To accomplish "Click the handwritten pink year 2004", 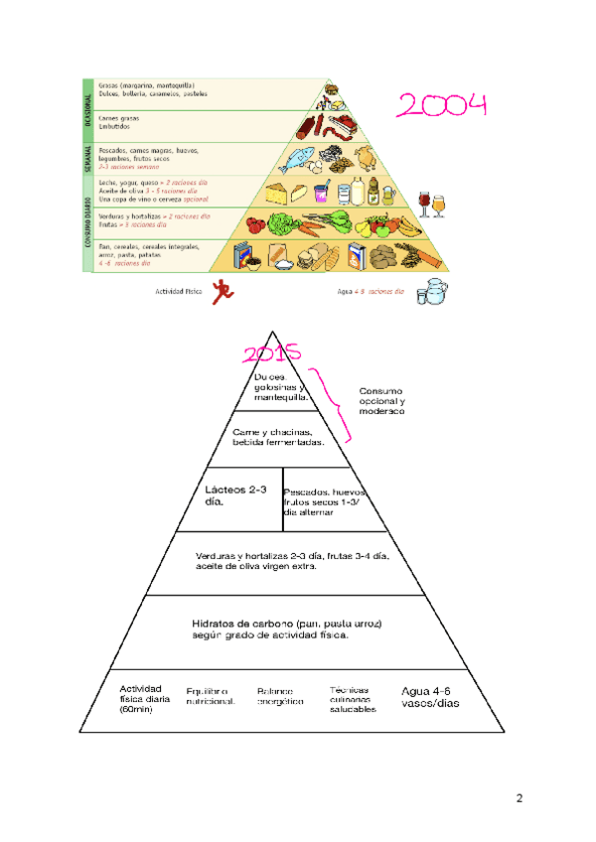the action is pyautogui.click(x=442, y=107).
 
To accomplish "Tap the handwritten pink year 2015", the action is pyautogui.click(x=272, y=355).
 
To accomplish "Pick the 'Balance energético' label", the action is pyautogui.click(x=280, y=696).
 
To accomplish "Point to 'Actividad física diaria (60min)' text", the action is pyautogui.click(x=145, y=699).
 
